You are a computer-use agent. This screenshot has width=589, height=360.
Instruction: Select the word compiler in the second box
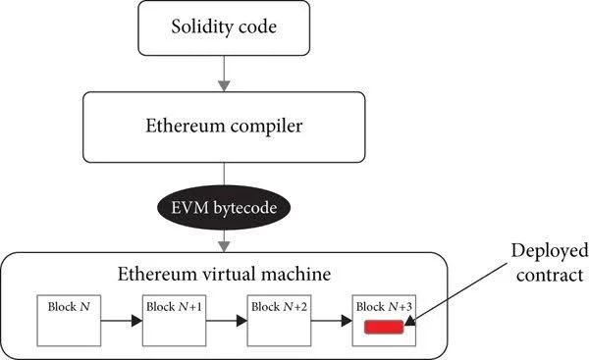pos(266,127)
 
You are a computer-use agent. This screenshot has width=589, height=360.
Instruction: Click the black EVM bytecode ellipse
pos(224,208)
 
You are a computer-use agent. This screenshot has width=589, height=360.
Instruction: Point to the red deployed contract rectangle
pos(384,327)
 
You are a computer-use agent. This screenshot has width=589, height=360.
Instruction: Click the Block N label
pos(69,307)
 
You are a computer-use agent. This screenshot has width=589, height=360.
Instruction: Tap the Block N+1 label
pos(174,307)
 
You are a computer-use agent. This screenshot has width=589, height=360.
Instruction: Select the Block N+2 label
pos(279,307)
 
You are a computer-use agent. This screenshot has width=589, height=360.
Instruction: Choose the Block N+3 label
pos(384,307)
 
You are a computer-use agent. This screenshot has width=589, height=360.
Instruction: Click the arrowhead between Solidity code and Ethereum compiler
pos(224,86)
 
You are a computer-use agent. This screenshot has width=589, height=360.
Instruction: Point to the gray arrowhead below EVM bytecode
pos(224,246)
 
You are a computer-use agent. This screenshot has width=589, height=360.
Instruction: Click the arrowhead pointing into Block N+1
pos(137,321)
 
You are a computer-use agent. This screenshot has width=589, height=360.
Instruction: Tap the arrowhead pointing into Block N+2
pos(241,321)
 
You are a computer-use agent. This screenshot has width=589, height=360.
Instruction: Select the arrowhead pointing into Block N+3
pos(347,321)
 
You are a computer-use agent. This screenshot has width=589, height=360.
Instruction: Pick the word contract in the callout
pos(550,276)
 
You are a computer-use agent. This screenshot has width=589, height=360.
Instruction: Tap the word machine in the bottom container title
pos(295,274)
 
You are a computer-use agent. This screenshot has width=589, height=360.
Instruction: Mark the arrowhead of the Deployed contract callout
pos(409,320)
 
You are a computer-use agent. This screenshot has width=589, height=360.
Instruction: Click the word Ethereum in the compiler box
pos(186,126)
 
